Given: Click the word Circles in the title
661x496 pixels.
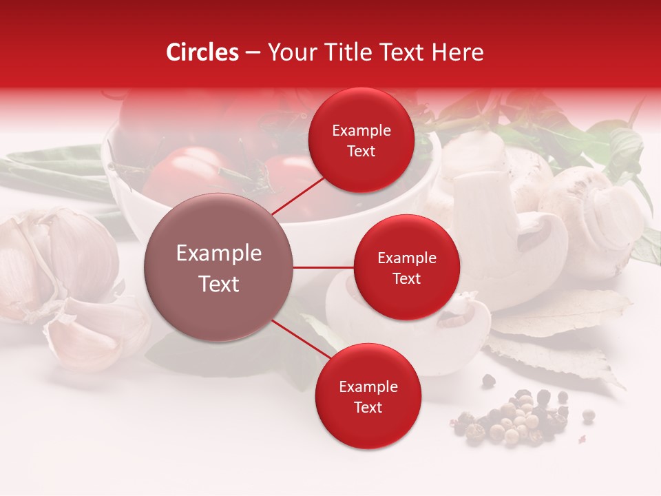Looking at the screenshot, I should [202, 52].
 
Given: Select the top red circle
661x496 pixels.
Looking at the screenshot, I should [361, 141].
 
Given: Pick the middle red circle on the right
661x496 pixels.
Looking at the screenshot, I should [406, 267].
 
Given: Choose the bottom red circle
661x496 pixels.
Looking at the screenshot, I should [368, 397].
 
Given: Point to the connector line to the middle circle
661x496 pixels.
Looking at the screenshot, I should [324, 267].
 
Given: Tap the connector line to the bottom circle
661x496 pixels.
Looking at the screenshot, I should [302, 340].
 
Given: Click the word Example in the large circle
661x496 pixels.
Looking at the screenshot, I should [219, 254].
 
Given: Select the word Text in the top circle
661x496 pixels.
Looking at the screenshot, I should [361, 151].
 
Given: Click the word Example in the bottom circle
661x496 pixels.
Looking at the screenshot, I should [368, 386].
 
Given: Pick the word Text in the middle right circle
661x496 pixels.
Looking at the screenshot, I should [406, 278].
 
